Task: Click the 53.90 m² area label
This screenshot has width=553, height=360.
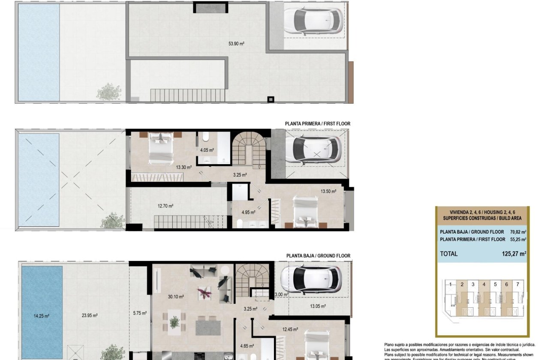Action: [x=237, y=43]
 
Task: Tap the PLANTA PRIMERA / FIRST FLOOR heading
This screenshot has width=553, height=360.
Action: [x=317, y=124]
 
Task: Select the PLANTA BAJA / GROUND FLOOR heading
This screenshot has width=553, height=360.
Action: [x=318, y=256]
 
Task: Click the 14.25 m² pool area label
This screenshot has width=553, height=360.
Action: [x=42, y=316]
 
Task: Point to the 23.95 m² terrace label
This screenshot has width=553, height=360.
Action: [x=90, y=316]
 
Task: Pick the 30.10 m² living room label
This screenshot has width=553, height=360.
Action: [x=176, y=297]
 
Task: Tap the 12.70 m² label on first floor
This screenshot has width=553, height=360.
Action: [x=165, y=206]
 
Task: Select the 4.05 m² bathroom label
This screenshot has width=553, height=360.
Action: [x=207, y=150]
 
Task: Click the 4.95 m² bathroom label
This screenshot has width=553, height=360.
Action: [x=248, y=212]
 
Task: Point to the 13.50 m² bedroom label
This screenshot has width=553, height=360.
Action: [x=328, y=192]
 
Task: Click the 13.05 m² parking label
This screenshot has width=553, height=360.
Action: [x=318, y=306]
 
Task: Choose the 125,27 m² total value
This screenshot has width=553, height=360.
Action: [x=514, y=254]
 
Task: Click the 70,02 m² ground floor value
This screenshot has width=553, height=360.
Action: [x=518, y=232]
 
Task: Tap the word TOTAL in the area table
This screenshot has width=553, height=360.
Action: [x=449, y=254]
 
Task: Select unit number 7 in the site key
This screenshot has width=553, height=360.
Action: [x=517, y=284]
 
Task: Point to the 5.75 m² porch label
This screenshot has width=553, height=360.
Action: [x=140, y=313]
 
